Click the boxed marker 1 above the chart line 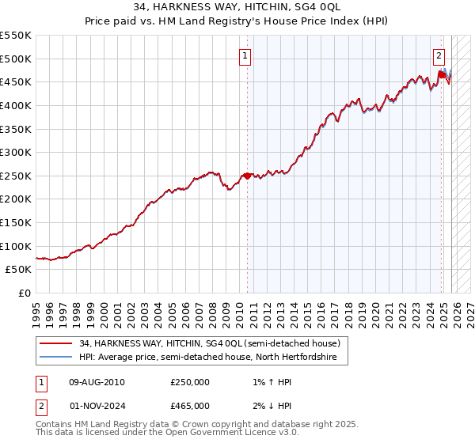(x=245, y=55)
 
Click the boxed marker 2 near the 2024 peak (x=439, y=55)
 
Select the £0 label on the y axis (x=25, y=293)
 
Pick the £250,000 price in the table (x=190, y=382)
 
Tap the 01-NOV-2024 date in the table (x=97, y=405)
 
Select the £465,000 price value (x=190, y=405)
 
